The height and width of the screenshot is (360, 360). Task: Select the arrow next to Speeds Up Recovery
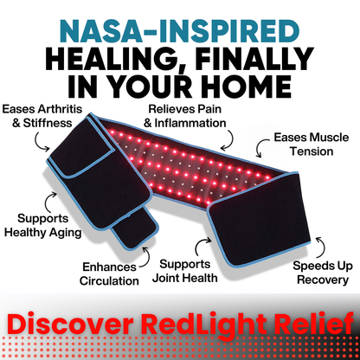coord(318,244)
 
